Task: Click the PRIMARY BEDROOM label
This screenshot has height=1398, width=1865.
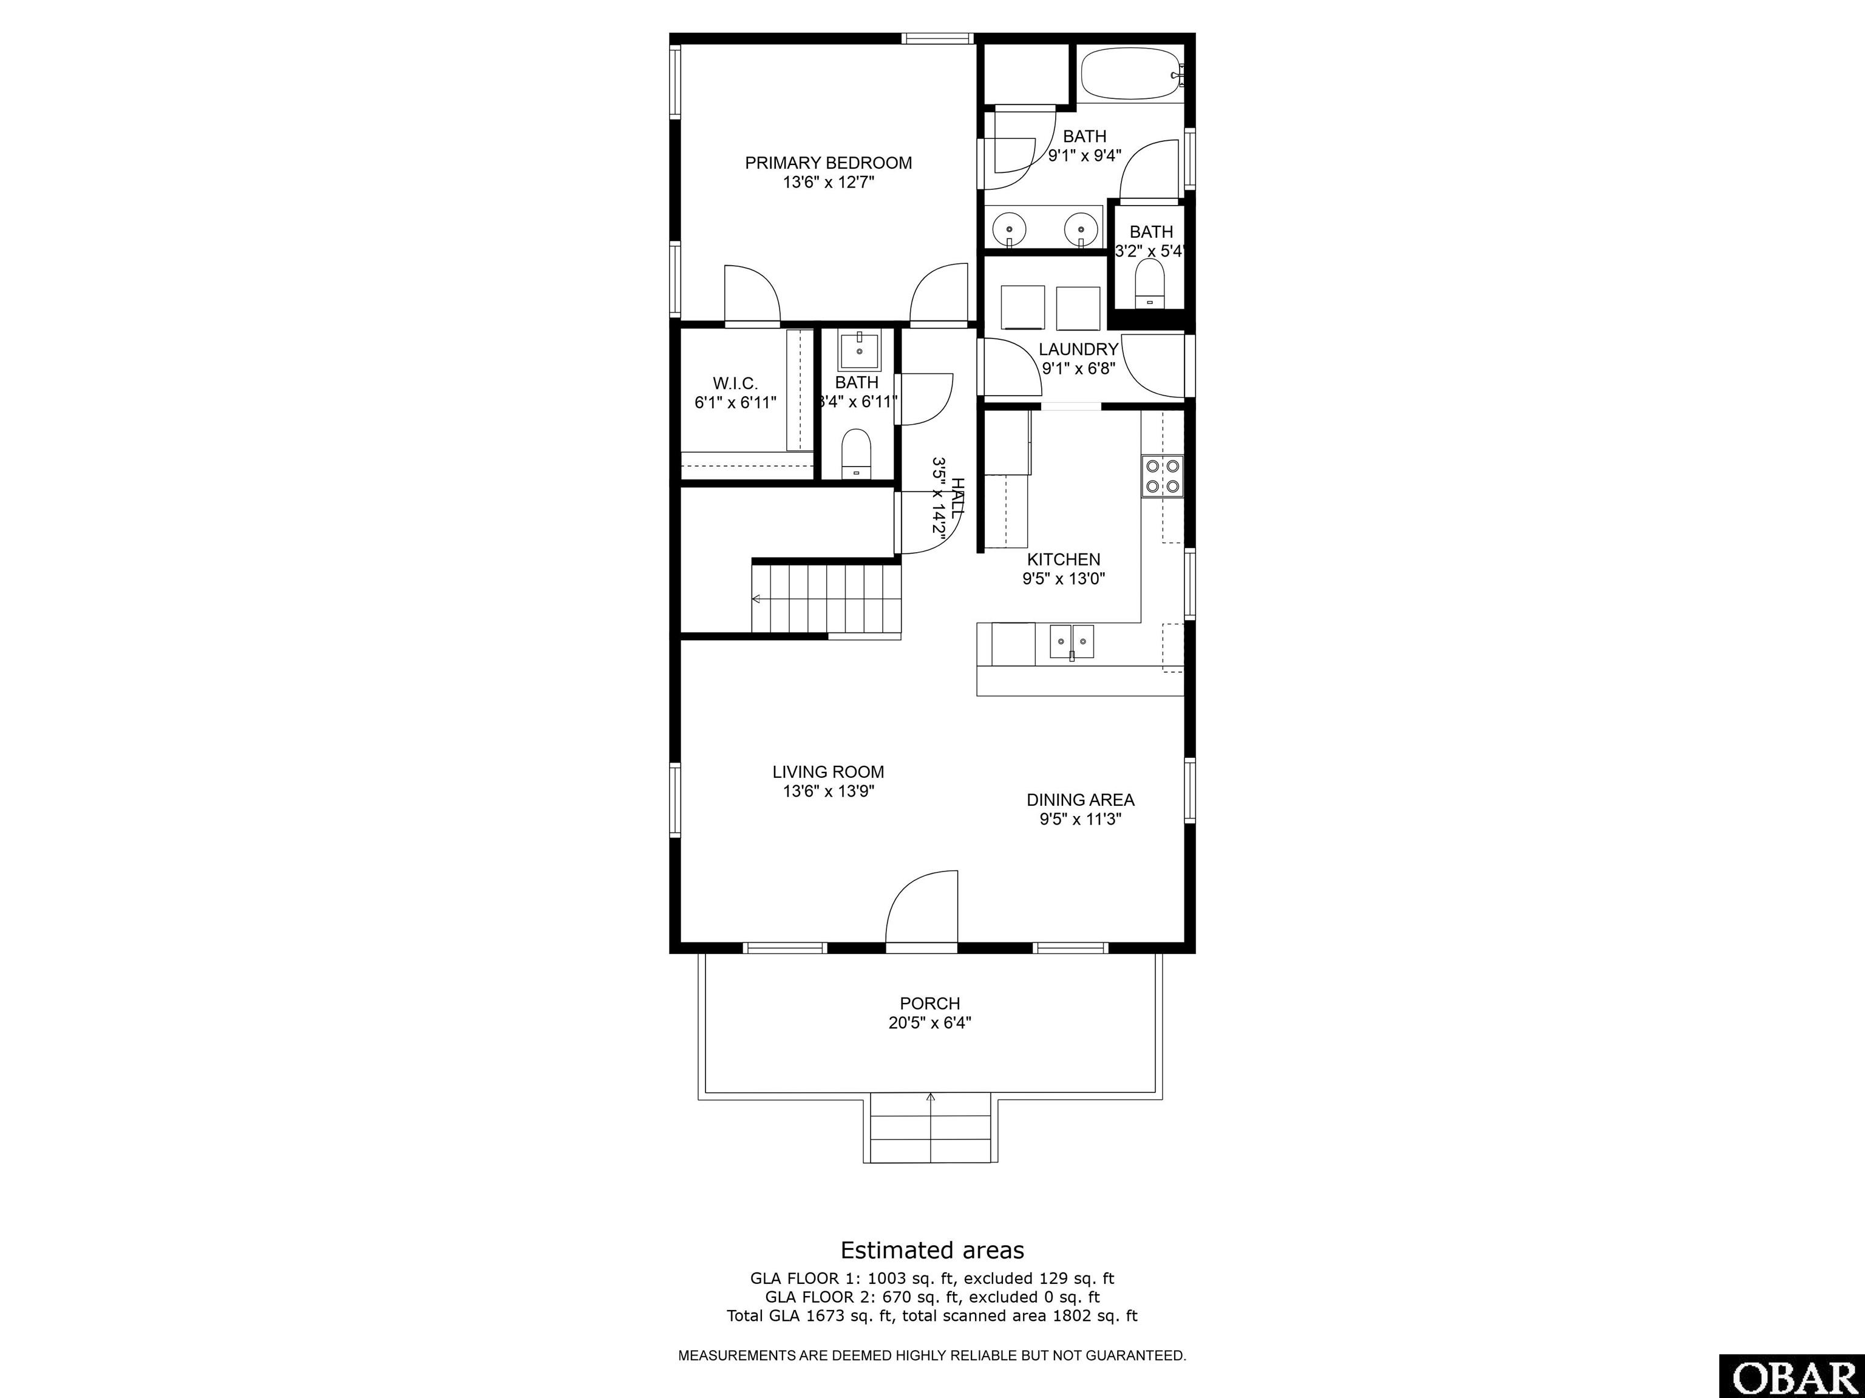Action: [828, 163]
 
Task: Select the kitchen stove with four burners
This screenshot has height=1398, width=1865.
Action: [1163, 475]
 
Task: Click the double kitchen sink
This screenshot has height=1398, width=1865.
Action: [1072, 641]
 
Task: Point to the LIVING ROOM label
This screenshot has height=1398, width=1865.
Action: [828, 771]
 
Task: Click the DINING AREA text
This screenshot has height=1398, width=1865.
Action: [1080, 800]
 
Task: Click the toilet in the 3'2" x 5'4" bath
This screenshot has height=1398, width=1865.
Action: [1149, 284]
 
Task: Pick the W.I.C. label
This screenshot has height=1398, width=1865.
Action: [735, 383]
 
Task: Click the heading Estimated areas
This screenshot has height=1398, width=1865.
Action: [932, 1250]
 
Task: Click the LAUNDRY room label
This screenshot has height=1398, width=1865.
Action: [1078, 349]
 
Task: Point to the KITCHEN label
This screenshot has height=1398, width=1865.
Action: [1063, 559]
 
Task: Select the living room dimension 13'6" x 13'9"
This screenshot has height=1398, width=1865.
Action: [828, 791]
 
